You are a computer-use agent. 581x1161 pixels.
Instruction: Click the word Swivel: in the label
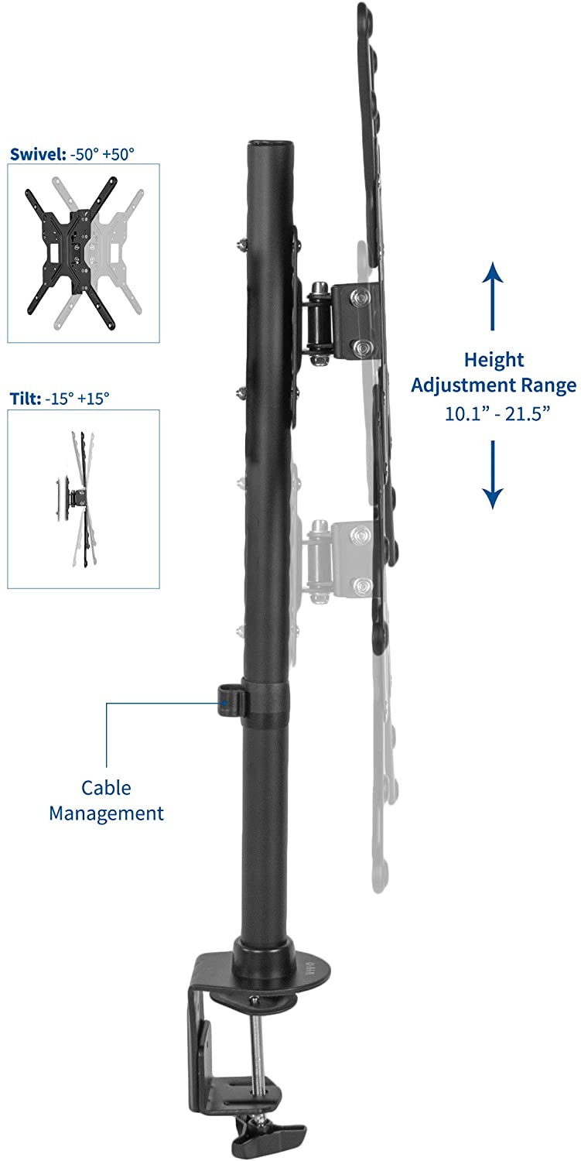pyautogui.click(x=38, y=154)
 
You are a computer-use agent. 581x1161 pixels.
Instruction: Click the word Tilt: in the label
pyautogui.click(x=26, y=399)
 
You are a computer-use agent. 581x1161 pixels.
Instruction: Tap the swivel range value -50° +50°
pyautogui.click(x=102, y=154)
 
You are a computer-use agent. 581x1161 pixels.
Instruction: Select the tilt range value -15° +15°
pyautogui.click(x=77, y=399)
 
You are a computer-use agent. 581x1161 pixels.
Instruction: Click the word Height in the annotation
pyautogui.click(x=494, y=360)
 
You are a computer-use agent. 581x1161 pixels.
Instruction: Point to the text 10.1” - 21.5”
pyautogui.click(x=497, y=413)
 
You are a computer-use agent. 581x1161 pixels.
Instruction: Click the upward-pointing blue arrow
pyautogui.click(x=492, y=296)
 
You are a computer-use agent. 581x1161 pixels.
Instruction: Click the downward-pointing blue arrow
pyautogui.click(x=492, y=474)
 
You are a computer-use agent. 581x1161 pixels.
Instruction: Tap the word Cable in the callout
pyautogui.click(x=106, y=788)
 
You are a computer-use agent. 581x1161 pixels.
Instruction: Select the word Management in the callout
pyautogui.click(x=106, y=813)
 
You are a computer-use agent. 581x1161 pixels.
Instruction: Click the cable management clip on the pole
pyautogui.click(x=231, y=700)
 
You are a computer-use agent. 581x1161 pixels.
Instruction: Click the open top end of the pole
pyautogui.click(x=268, y=143)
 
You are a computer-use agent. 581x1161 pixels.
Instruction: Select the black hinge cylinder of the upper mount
pyautogui.click(x=319, y=322)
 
